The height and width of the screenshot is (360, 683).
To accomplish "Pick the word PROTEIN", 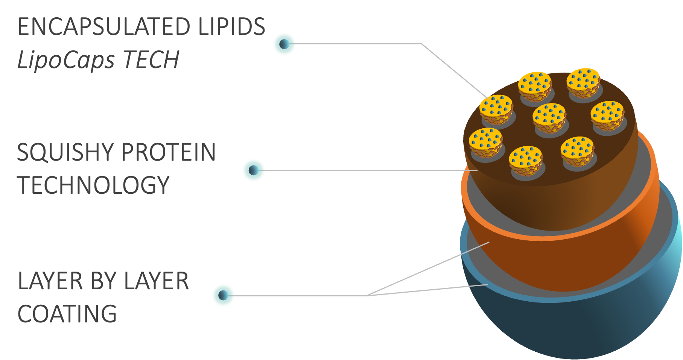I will (169, 152).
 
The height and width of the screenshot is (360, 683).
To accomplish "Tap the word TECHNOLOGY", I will (93, 185).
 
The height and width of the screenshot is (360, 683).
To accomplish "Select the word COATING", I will (67, 314).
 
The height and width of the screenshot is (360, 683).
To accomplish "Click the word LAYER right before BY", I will (50, 281).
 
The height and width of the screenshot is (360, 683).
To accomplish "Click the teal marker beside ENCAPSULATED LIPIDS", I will (284, 44).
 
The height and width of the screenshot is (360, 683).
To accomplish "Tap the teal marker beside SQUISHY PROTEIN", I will (253, 170).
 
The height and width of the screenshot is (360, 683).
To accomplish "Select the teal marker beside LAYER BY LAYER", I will (223, 295).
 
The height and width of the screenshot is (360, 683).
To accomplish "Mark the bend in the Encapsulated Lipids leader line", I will (421, 44).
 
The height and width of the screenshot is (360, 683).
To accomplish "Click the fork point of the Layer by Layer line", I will (368, 295).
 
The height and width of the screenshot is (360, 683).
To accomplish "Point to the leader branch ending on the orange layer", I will (429, 269).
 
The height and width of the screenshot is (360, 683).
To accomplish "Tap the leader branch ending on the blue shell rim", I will (429, 290).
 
